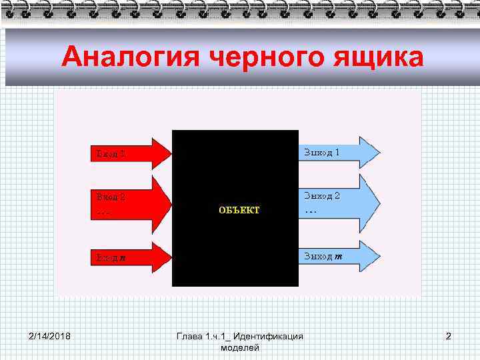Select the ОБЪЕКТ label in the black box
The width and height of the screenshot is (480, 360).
[x=239, y=210]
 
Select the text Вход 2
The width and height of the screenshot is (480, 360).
[x=111, y=197]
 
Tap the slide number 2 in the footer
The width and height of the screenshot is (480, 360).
[x=449, y=336]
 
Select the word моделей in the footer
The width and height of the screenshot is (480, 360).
[x=239, y=348]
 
